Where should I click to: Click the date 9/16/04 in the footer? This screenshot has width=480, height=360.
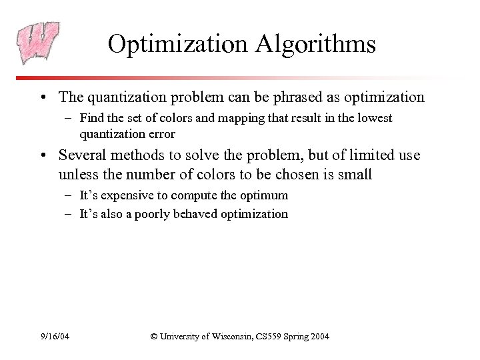tap(55, 337)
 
